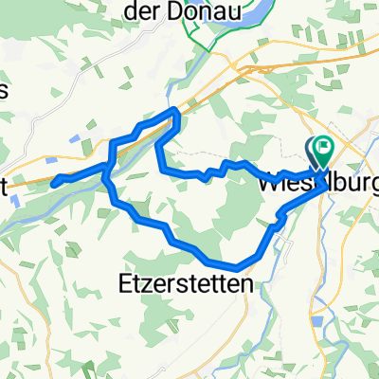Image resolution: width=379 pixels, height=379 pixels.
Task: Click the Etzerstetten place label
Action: pos(188,282)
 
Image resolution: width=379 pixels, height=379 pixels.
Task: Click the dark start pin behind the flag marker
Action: pos(313,148)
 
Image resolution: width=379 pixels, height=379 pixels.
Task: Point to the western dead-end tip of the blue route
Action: pos(54,180)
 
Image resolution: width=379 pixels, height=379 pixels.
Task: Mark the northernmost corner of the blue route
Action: pos(175,112)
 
